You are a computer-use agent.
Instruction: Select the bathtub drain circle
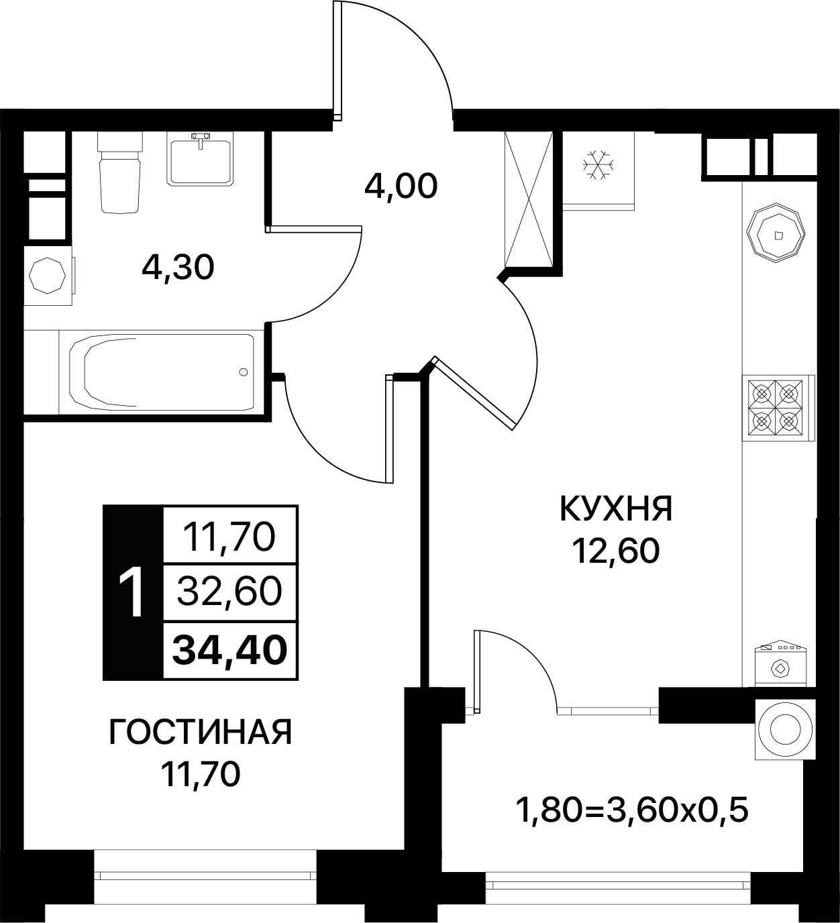click(244, 372)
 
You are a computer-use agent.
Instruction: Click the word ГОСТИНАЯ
click(201, 732)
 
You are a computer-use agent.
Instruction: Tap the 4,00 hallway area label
click(401, 186)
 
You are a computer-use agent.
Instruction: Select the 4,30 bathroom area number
click(178, 268)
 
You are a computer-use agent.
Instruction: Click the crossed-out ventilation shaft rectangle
click(529, 199)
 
